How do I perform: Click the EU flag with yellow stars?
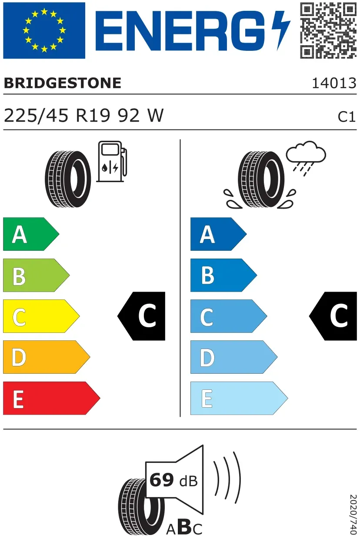pyautogui.click(x=44, y=30)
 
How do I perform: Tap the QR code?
pyautogui.click(x=328, y=30)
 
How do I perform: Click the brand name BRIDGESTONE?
pyautogui.click(x=63, y=83)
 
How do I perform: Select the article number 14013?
pyautogui.click(x=334, y=83)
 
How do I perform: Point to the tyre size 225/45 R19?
pyautogui.click(x=57, y=116)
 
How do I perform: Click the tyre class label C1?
pyautogui.click(x=347, y=117)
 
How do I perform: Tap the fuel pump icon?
pyautogui.click(x=112, y=161)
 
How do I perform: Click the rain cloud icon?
pyautogui.click(x=306, y=158)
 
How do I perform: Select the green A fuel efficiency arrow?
pyautogui.click(x=31, y=234)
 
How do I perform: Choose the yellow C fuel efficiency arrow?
pyautogui.click(x=41, y=316)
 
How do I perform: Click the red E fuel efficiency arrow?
pyautogui.click(x=52, y=398)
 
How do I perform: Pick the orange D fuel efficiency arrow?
pyautogui.click(x=47, y=357)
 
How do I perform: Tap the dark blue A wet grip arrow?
pyautogui.click(x=218, y=234)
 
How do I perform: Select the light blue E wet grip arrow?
pyautogui.click(x=239, y=398)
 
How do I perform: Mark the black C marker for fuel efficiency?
pyautogui.click(x=141, y=316)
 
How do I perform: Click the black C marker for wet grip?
pyautogui.click(x=333, y=316)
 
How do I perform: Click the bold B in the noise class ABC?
pyautogui.click(x=185, y=526)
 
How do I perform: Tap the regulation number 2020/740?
pyautogui.click(x=353, y=515)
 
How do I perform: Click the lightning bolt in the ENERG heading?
pyautogui.click(x=281, y=30)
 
